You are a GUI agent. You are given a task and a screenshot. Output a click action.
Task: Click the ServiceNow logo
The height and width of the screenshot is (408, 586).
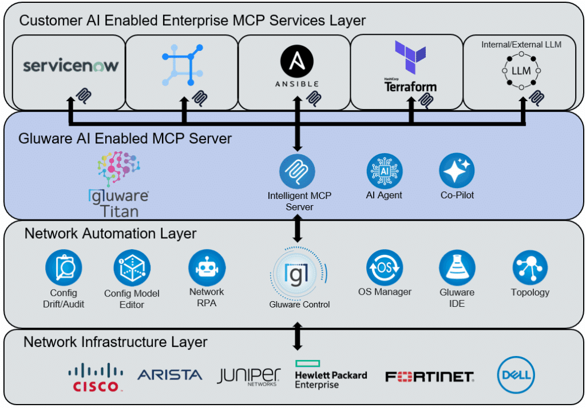coord(70,65)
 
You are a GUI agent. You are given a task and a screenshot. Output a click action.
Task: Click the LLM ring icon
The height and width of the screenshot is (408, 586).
coord(521,70)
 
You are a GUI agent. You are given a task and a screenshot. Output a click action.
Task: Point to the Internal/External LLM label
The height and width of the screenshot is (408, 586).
coord(520,44)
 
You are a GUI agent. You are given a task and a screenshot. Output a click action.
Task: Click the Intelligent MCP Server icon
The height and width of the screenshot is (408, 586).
coord(297,171)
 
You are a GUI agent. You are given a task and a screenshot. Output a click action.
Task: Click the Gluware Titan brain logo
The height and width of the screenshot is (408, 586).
coord(118,170)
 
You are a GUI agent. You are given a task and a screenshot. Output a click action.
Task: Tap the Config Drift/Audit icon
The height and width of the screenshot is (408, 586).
coord(64,267)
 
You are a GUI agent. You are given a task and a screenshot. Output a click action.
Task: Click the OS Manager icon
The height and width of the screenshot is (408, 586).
coord(385,267)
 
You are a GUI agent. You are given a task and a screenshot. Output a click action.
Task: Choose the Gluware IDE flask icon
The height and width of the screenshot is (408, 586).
coord(457,267)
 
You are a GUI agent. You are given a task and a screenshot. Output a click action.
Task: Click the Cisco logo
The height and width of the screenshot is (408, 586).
coord(96,377)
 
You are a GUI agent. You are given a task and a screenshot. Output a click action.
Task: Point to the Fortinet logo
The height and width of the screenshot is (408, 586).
coord(429,377)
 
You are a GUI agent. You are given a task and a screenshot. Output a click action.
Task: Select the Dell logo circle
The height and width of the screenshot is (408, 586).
coord(516,375)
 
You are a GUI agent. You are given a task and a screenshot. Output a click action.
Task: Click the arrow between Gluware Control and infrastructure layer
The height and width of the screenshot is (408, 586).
coord(297,336)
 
